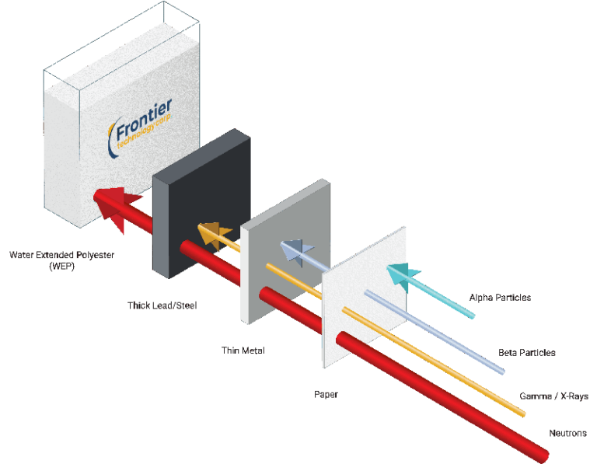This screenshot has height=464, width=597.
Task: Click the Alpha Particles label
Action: click(x=500, y=297)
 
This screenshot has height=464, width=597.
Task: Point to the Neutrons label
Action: click(x=567, y=433)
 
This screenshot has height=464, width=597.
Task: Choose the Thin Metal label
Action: click(x=243, y=351)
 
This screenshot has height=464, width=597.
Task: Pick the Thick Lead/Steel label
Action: click(x=162, y=305)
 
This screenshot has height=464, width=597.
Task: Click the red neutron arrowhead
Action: click(x=110, y=206)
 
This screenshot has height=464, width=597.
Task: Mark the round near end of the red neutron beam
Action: click(x=536, y=450)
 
